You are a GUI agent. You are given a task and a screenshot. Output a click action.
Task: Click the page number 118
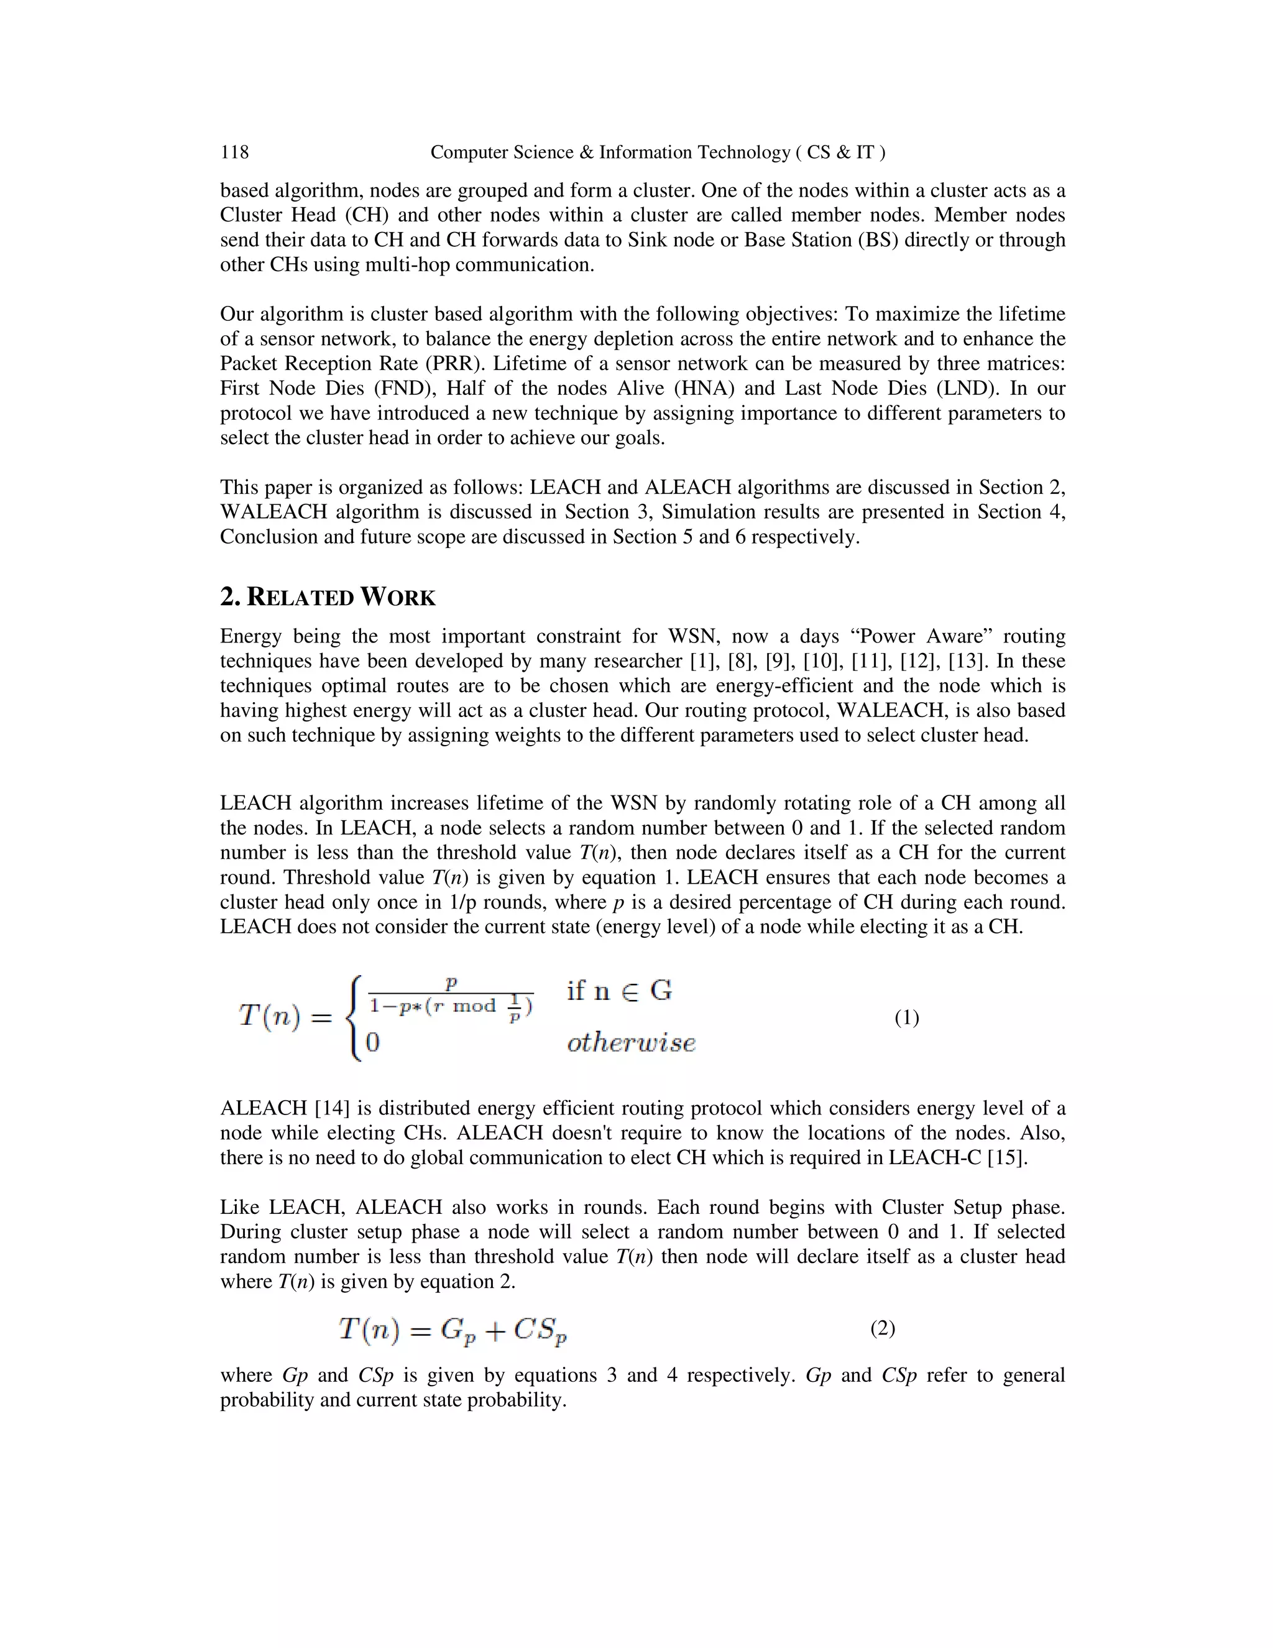click(x=234, y=152)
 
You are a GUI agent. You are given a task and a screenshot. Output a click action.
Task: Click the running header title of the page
click(x=658, y=152)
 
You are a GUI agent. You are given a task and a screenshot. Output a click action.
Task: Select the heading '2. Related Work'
click(x=328, y=597)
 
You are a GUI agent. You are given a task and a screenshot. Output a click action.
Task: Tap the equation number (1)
click(x=906, y=1018)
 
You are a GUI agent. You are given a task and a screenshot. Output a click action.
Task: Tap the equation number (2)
click(x=883, y=1328)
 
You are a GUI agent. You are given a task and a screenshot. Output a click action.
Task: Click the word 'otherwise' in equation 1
click(x=632, y=1043)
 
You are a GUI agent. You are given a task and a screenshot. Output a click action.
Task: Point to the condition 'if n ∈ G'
click(x=619, y=991)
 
